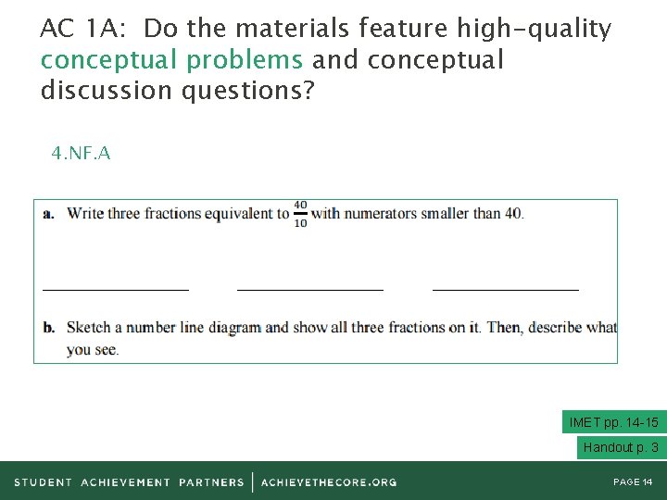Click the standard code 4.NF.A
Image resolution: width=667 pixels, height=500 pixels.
(81, 154)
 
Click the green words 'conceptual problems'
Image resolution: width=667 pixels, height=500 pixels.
(171, 61)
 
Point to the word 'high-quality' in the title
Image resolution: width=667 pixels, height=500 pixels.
(534, 30)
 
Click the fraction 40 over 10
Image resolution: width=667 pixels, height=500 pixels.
(300, 214)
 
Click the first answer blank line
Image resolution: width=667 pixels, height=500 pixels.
(116, 289)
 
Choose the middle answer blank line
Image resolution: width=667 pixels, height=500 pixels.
(310, 289)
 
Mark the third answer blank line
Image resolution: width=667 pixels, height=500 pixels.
(506, 289)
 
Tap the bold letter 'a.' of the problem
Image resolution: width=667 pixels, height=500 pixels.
(48, 214)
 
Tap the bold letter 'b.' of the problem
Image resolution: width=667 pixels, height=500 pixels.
(49, 327)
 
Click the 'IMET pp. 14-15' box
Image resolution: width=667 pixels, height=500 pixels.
(613, 422)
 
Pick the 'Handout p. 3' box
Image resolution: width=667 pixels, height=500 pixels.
(621, 447)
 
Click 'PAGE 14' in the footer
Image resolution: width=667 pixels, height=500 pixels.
(633, 481)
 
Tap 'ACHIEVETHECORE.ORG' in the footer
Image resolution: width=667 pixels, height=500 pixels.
(329, 481)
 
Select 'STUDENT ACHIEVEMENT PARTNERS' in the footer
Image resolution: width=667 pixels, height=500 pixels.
(129, 481)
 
